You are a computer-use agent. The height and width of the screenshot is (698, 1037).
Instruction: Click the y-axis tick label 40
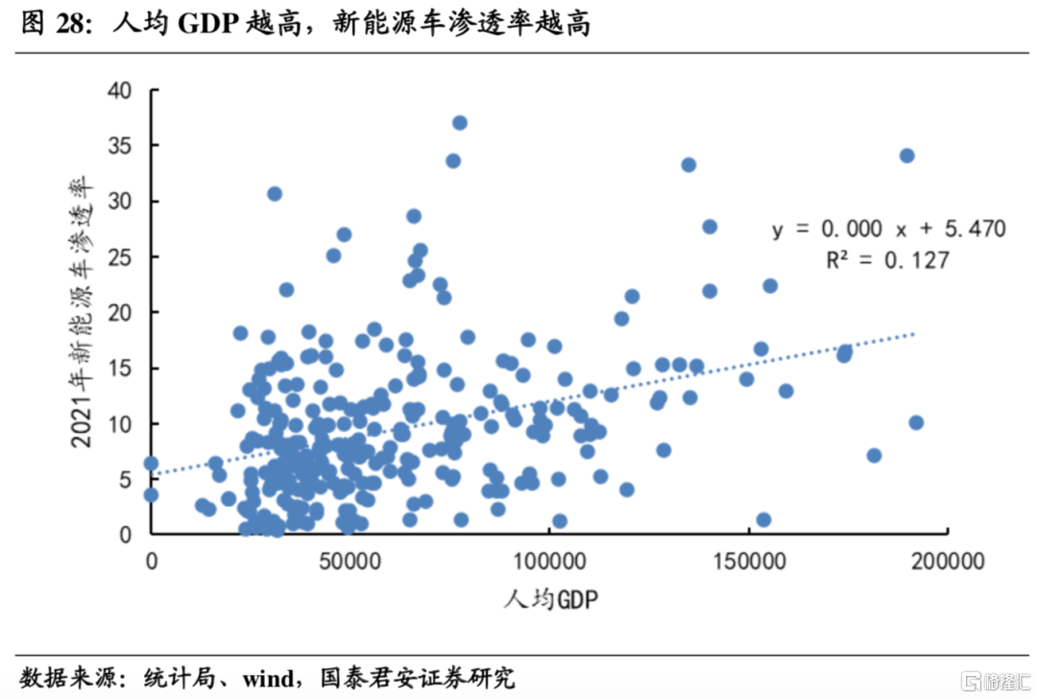(120, 90)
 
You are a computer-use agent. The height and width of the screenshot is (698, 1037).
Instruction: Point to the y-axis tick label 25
(120, 256)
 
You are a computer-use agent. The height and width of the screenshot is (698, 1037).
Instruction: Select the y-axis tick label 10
(120, 423)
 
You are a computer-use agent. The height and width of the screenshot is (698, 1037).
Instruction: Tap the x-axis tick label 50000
(350, 559)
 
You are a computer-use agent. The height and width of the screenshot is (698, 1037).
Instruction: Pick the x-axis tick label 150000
(749, 559)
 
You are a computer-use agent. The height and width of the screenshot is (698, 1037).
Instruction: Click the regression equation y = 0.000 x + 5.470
(889, 229)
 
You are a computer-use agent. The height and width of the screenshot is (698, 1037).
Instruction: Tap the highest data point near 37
(460, 123)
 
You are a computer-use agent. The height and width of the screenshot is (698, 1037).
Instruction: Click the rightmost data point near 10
(916, 422)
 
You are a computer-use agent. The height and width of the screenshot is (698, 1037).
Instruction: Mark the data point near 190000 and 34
(906, 156)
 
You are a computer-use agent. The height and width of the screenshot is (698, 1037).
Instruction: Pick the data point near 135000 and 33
(688, 165)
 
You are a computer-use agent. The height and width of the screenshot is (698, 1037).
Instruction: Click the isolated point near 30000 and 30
(275, 193)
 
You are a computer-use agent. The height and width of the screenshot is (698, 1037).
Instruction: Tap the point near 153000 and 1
(763, 519)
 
